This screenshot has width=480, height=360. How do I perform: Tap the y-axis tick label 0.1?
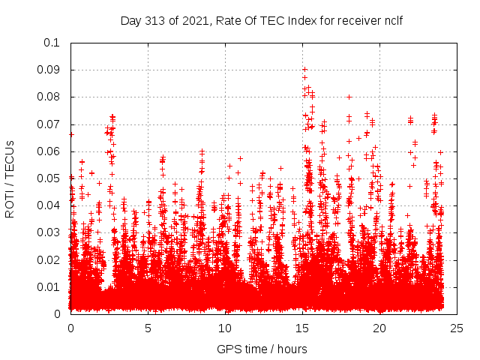click(53, 43)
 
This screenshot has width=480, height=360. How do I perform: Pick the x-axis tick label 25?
click(456, 328)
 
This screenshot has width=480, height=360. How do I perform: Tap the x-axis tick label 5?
click(148, 328)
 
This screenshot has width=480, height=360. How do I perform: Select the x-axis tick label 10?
click(225, 328)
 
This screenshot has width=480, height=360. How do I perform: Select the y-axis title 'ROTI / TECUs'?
click(10, 178)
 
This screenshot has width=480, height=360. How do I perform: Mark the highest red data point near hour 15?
click(304, 69)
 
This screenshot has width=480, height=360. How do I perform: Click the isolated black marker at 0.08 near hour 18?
click(349, 97)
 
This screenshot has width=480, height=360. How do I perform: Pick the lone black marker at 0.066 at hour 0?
click(71, 134)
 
